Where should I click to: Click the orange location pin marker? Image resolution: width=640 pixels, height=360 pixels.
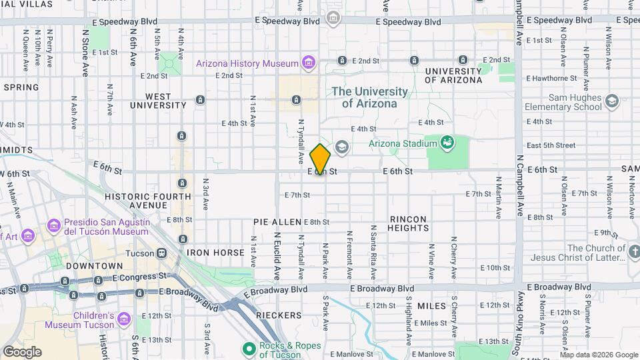[x=320, y=159]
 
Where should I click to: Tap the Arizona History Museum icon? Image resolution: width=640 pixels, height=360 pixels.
[x=307, y=63]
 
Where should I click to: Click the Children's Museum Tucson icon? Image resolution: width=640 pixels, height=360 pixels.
[x=123, y=319]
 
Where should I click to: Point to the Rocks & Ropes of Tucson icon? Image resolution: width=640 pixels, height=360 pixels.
[x=249, y=349]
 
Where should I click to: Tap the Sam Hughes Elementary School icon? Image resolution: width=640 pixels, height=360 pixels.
[x=612, y=101]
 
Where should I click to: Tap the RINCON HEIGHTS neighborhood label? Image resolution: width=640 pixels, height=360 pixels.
[x=409, y=223]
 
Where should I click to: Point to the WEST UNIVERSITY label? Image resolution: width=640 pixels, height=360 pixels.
[x=157, y=101]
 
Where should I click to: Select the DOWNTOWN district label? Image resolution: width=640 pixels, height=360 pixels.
[x=80, y=265]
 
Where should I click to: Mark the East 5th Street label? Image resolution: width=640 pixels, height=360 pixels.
[x=551, y=145]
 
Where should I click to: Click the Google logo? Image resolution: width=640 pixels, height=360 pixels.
[x=22, y=352]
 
